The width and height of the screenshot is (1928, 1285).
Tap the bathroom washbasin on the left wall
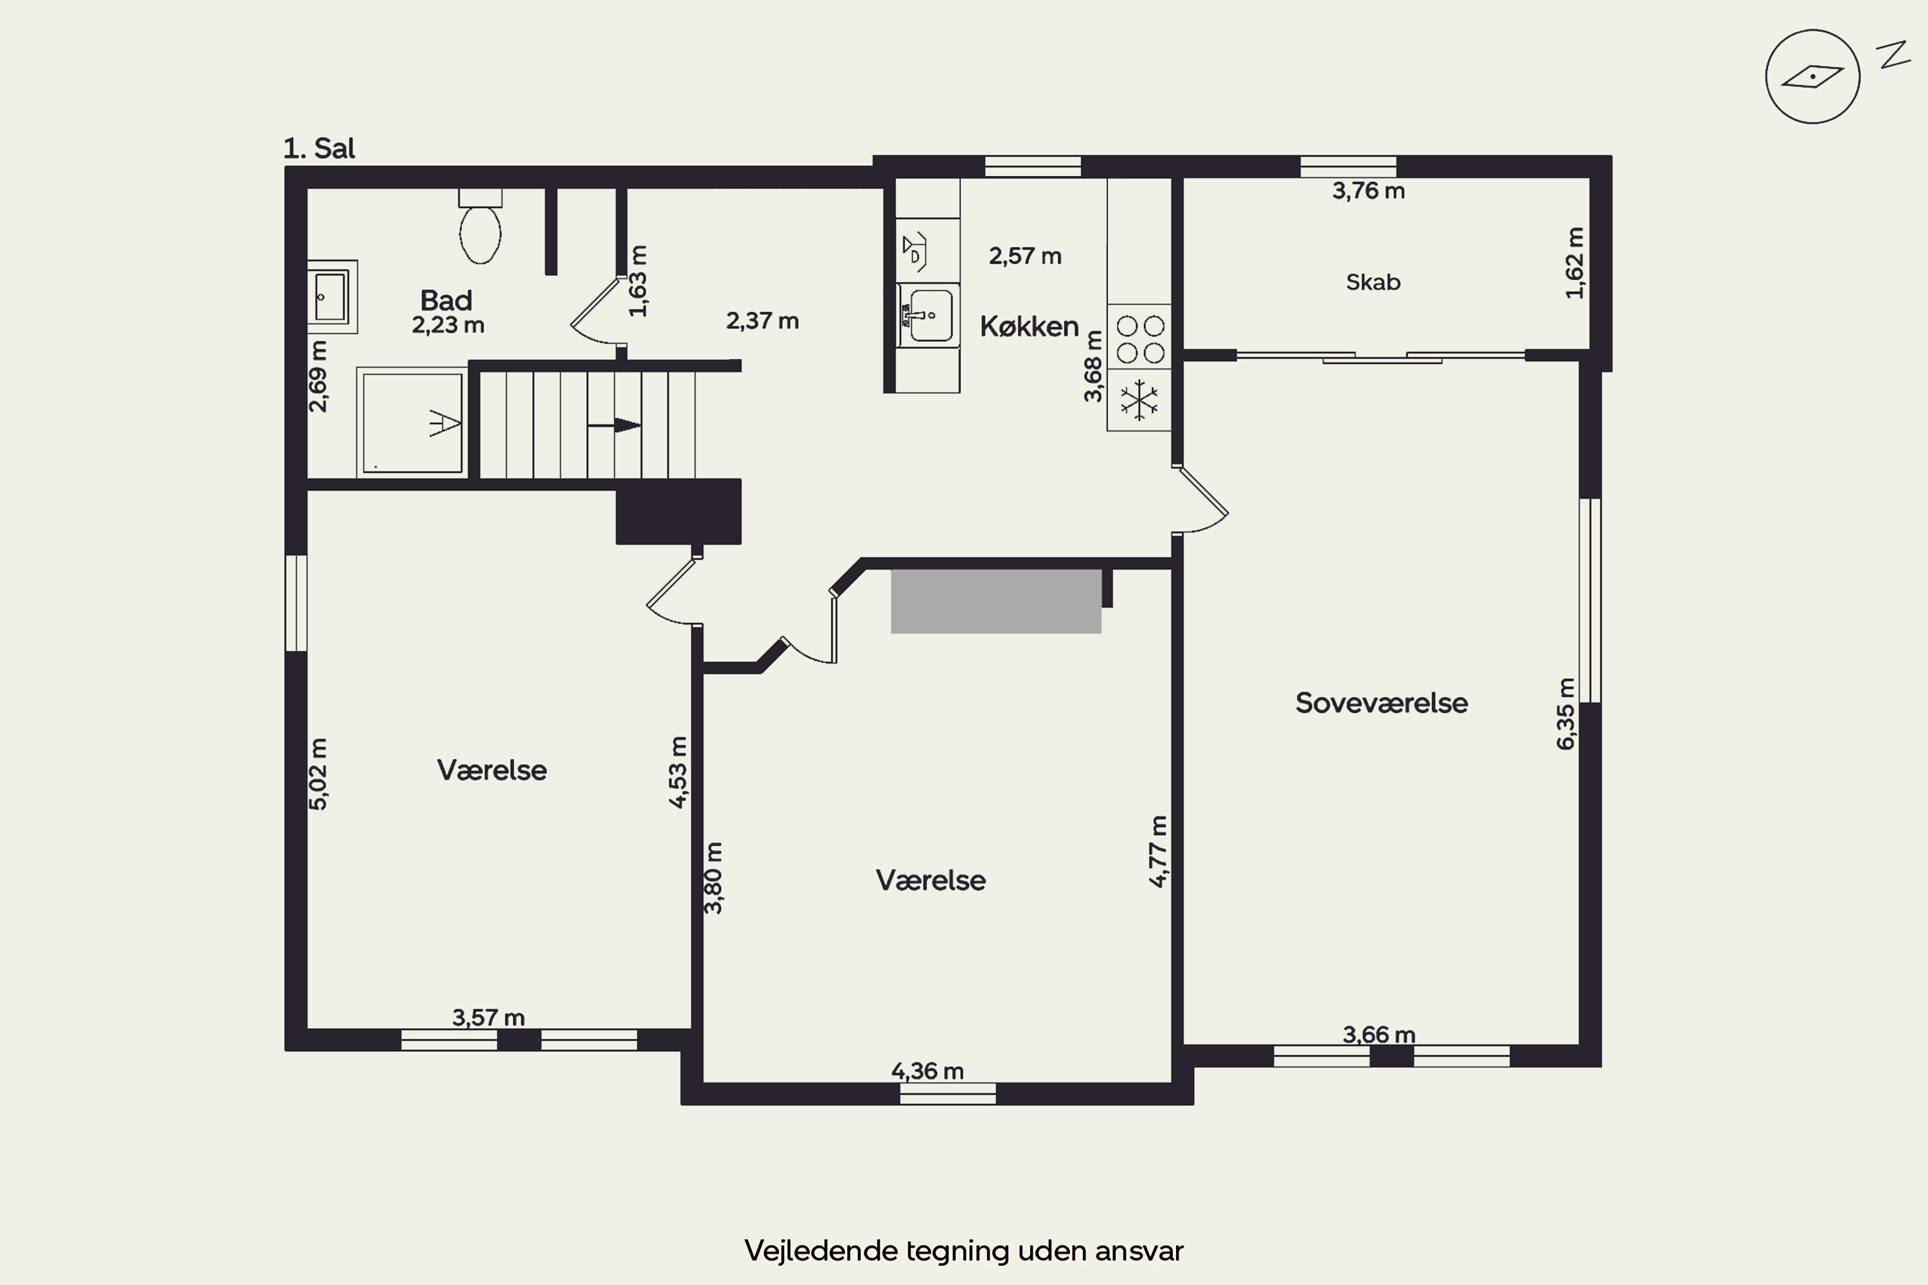point(332,297)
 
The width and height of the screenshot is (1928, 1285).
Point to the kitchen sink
point(929,315)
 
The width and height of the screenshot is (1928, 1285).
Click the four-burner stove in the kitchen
point(1139,338)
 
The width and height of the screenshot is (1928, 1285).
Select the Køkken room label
point(1029,326)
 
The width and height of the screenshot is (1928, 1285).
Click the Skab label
point(1373,282)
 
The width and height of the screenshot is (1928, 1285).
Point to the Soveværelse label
point(1381,702)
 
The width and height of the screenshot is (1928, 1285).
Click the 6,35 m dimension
point(1566,714)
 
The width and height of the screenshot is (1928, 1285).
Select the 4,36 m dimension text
point(927,1070)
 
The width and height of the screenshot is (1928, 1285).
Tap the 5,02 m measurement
point(318,774)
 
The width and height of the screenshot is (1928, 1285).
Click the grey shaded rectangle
point(996,601)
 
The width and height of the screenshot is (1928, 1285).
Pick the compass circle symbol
point(1812,77)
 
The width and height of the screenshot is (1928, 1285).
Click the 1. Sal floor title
point(319,148)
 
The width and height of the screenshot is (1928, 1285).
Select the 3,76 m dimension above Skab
point(1368,191)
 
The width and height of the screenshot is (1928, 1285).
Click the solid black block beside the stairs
point(679,511)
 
